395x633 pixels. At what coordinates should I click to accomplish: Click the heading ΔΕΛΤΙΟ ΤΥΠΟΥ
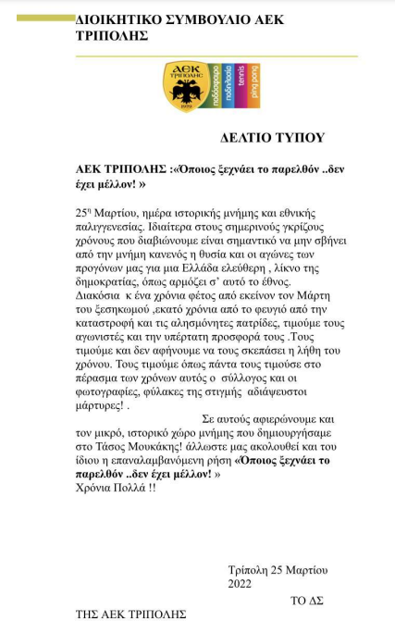pos(273,138)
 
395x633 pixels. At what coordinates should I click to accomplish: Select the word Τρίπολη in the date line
pos(249,570)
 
